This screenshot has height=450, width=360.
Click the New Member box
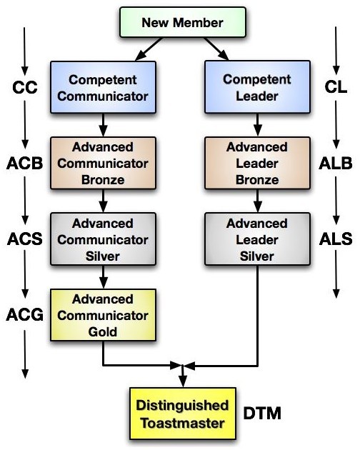click(183, 22)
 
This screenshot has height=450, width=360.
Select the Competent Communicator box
click(103, 87)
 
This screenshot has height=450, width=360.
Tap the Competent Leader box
click(258, 87)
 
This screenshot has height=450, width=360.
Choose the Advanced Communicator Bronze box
click(103, 163)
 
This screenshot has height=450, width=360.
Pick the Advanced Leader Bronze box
click(258, 163)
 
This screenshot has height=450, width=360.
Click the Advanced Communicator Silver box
click(103, 239)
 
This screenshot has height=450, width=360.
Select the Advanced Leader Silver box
click(258, 239)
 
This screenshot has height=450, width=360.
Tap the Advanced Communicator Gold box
click(103, 315)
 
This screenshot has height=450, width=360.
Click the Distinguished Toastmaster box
click(183, 414)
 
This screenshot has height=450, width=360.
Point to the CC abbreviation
click(25, 87)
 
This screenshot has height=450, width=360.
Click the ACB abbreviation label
click(25, 164)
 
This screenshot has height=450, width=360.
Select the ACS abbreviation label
click(25, 239)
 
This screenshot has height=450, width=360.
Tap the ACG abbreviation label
click(25, 314)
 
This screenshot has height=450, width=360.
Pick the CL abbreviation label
click(336, 87)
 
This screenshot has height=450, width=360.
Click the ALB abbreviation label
click(336, 164)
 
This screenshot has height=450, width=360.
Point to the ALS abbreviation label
click(336, 239)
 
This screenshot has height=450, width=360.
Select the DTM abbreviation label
click(262, 414)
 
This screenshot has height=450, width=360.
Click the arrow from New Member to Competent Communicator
click(149, 49)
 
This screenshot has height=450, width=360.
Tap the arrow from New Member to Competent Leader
click(216, 49)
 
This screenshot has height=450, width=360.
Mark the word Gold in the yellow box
click(102, 331)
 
